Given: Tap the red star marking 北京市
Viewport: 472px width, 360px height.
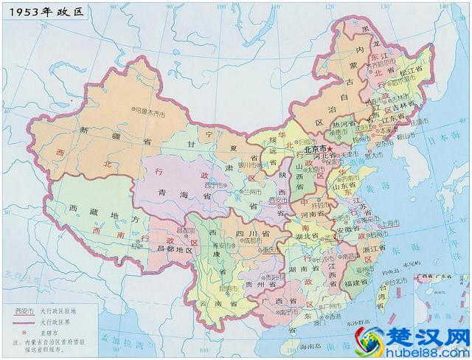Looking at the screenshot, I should pos(330,148).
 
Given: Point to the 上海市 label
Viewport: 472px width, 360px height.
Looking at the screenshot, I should pos(389,222).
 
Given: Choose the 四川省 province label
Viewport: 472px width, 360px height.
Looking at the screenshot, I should pos(247,235).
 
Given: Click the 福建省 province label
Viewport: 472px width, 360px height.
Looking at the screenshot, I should pos(358,282).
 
